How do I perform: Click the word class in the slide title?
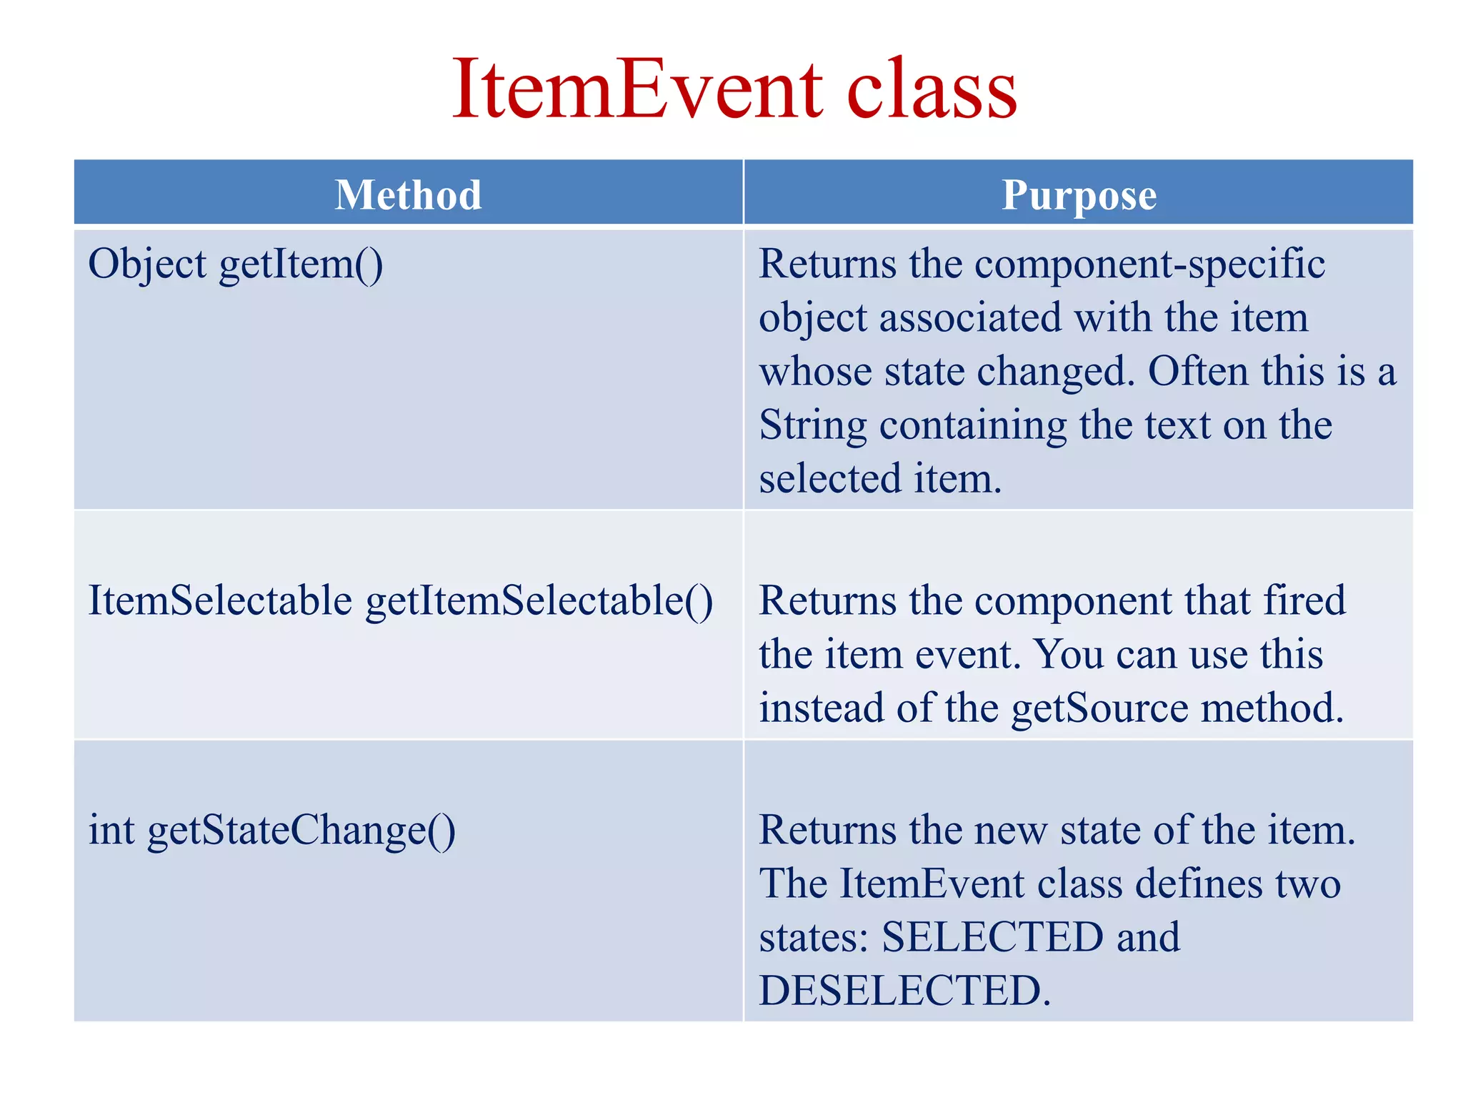(932, 90)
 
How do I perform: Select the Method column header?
(409, 194)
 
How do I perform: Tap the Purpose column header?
(1079, 194)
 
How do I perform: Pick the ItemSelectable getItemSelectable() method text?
(400, 600)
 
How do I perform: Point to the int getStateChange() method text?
(271, 831)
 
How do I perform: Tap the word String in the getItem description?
(812, 426)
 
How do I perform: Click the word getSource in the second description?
(1099, 708)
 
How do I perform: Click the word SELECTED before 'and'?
(992, 937)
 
